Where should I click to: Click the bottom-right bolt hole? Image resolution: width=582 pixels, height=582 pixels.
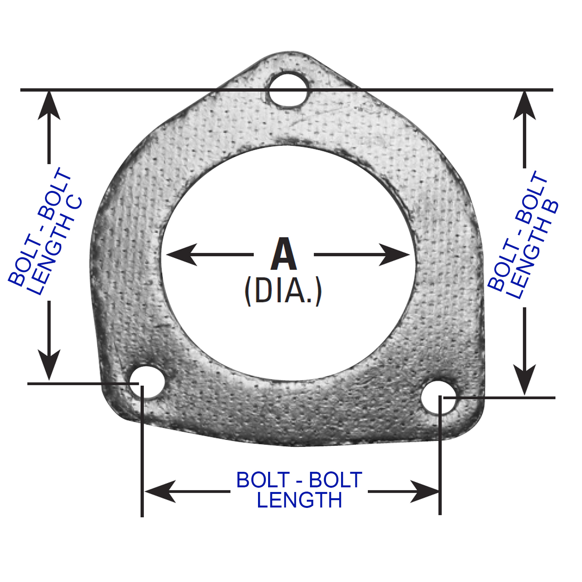(x=439, y=398)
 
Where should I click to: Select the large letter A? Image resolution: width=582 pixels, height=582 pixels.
(x=284, y=254)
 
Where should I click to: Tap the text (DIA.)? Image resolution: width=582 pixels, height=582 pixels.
(x=283, y=291)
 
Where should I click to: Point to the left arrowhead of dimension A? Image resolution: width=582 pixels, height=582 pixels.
(x=180, y=255)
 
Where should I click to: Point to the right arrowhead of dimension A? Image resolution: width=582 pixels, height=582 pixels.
(x=395, y=255)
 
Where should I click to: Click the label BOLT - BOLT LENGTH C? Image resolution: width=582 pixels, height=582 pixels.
(x=46, y=232)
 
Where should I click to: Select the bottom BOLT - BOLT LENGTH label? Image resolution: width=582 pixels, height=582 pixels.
(x=299, y=490)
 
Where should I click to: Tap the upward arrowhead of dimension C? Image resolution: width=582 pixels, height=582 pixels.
(x=49, y=105)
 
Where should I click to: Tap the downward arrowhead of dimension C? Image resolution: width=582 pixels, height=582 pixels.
(x=49, y=365)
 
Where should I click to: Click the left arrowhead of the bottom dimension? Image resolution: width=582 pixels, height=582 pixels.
(x=160, y=491)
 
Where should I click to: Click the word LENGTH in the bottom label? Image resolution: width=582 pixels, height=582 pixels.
(x=299, y=500)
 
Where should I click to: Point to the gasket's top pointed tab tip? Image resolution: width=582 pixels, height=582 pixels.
(x=291, y=52)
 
